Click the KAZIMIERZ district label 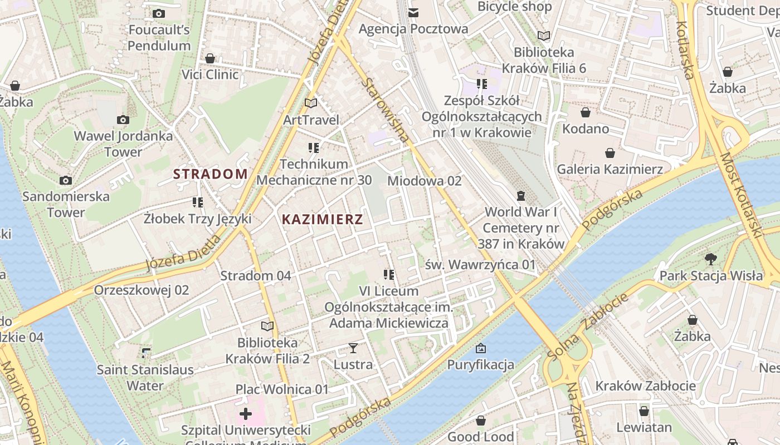tap(322, 219)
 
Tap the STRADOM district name tap(210, 174)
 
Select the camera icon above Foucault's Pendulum tap(159, 13)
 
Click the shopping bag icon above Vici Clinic tap(210, 58)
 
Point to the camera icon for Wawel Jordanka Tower tap(123, 120)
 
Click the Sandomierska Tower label tap(66, 204)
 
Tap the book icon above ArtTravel tap(311, 103)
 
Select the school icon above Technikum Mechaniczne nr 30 tap(314, 148)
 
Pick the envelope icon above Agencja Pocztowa tap(413, 12)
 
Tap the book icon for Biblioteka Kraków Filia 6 tap(544, 36)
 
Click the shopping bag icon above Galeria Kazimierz tap(610, 153)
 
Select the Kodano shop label tap(586, 128)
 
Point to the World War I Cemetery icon tap(520, 196)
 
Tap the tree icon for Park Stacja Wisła tap(710, 259)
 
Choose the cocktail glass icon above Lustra tap(353, 348)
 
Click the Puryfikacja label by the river tap(480, 365)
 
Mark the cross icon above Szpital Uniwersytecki tap(246, 414)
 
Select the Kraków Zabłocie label tap(645, 385)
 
